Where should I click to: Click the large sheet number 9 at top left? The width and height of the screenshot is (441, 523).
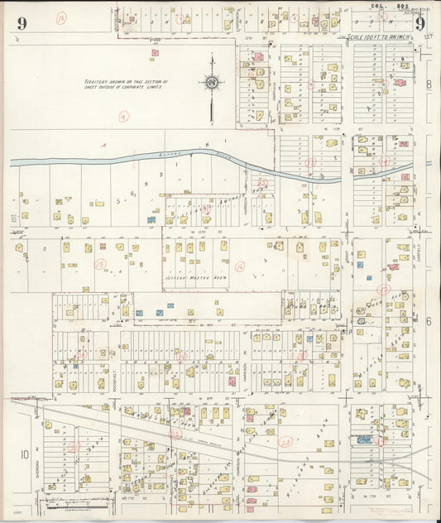point(21,23)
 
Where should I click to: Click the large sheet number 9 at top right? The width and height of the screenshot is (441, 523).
point(420,23)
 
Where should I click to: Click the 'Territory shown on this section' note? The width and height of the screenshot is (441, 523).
point(124,86)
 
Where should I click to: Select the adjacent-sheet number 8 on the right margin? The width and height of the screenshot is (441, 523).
point(429,85)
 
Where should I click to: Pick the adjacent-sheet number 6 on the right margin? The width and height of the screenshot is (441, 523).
point(429,320)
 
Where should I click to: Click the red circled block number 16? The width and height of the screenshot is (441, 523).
point(239,266)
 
